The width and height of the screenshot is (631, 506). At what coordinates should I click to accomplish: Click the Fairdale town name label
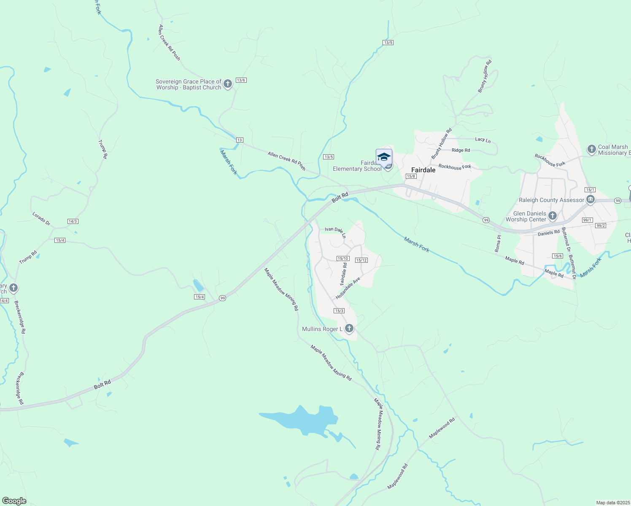pos(423,170)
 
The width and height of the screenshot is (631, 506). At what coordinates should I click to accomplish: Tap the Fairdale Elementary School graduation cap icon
pos(384,157)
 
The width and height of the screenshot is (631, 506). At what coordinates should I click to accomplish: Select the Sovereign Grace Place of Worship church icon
pos(228,84)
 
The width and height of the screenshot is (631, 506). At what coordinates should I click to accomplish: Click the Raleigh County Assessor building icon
pos(591,199)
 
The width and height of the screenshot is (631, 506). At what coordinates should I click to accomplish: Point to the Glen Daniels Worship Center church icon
pos(553,216)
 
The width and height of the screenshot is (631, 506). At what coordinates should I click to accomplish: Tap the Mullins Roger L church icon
pos(349,328)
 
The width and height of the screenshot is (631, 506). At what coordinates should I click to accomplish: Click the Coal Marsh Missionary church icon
pos(592,149)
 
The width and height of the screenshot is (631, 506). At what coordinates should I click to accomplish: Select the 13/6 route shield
pos(241,80)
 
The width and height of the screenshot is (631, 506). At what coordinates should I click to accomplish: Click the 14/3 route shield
pos(73,221)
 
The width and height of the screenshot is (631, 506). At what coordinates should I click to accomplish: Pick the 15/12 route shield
pos(361,260)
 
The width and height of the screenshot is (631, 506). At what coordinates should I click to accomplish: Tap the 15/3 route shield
pos(339,311)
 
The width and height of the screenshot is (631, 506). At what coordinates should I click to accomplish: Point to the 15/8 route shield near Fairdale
pos(411,176)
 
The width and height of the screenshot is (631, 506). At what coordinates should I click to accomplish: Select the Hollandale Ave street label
pos(348,288)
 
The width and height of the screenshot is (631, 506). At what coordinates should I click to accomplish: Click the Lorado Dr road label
pos(41,218)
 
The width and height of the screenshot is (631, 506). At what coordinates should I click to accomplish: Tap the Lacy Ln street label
pos(483,140)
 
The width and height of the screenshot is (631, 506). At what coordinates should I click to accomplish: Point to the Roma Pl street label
pos(499,243)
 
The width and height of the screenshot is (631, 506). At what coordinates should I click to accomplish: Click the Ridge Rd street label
pos(461,150)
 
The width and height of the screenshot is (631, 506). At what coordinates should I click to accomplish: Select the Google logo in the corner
pos(14,501)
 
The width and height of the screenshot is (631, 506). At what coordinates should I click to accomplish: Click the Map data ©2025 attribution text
pos(613,503)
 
